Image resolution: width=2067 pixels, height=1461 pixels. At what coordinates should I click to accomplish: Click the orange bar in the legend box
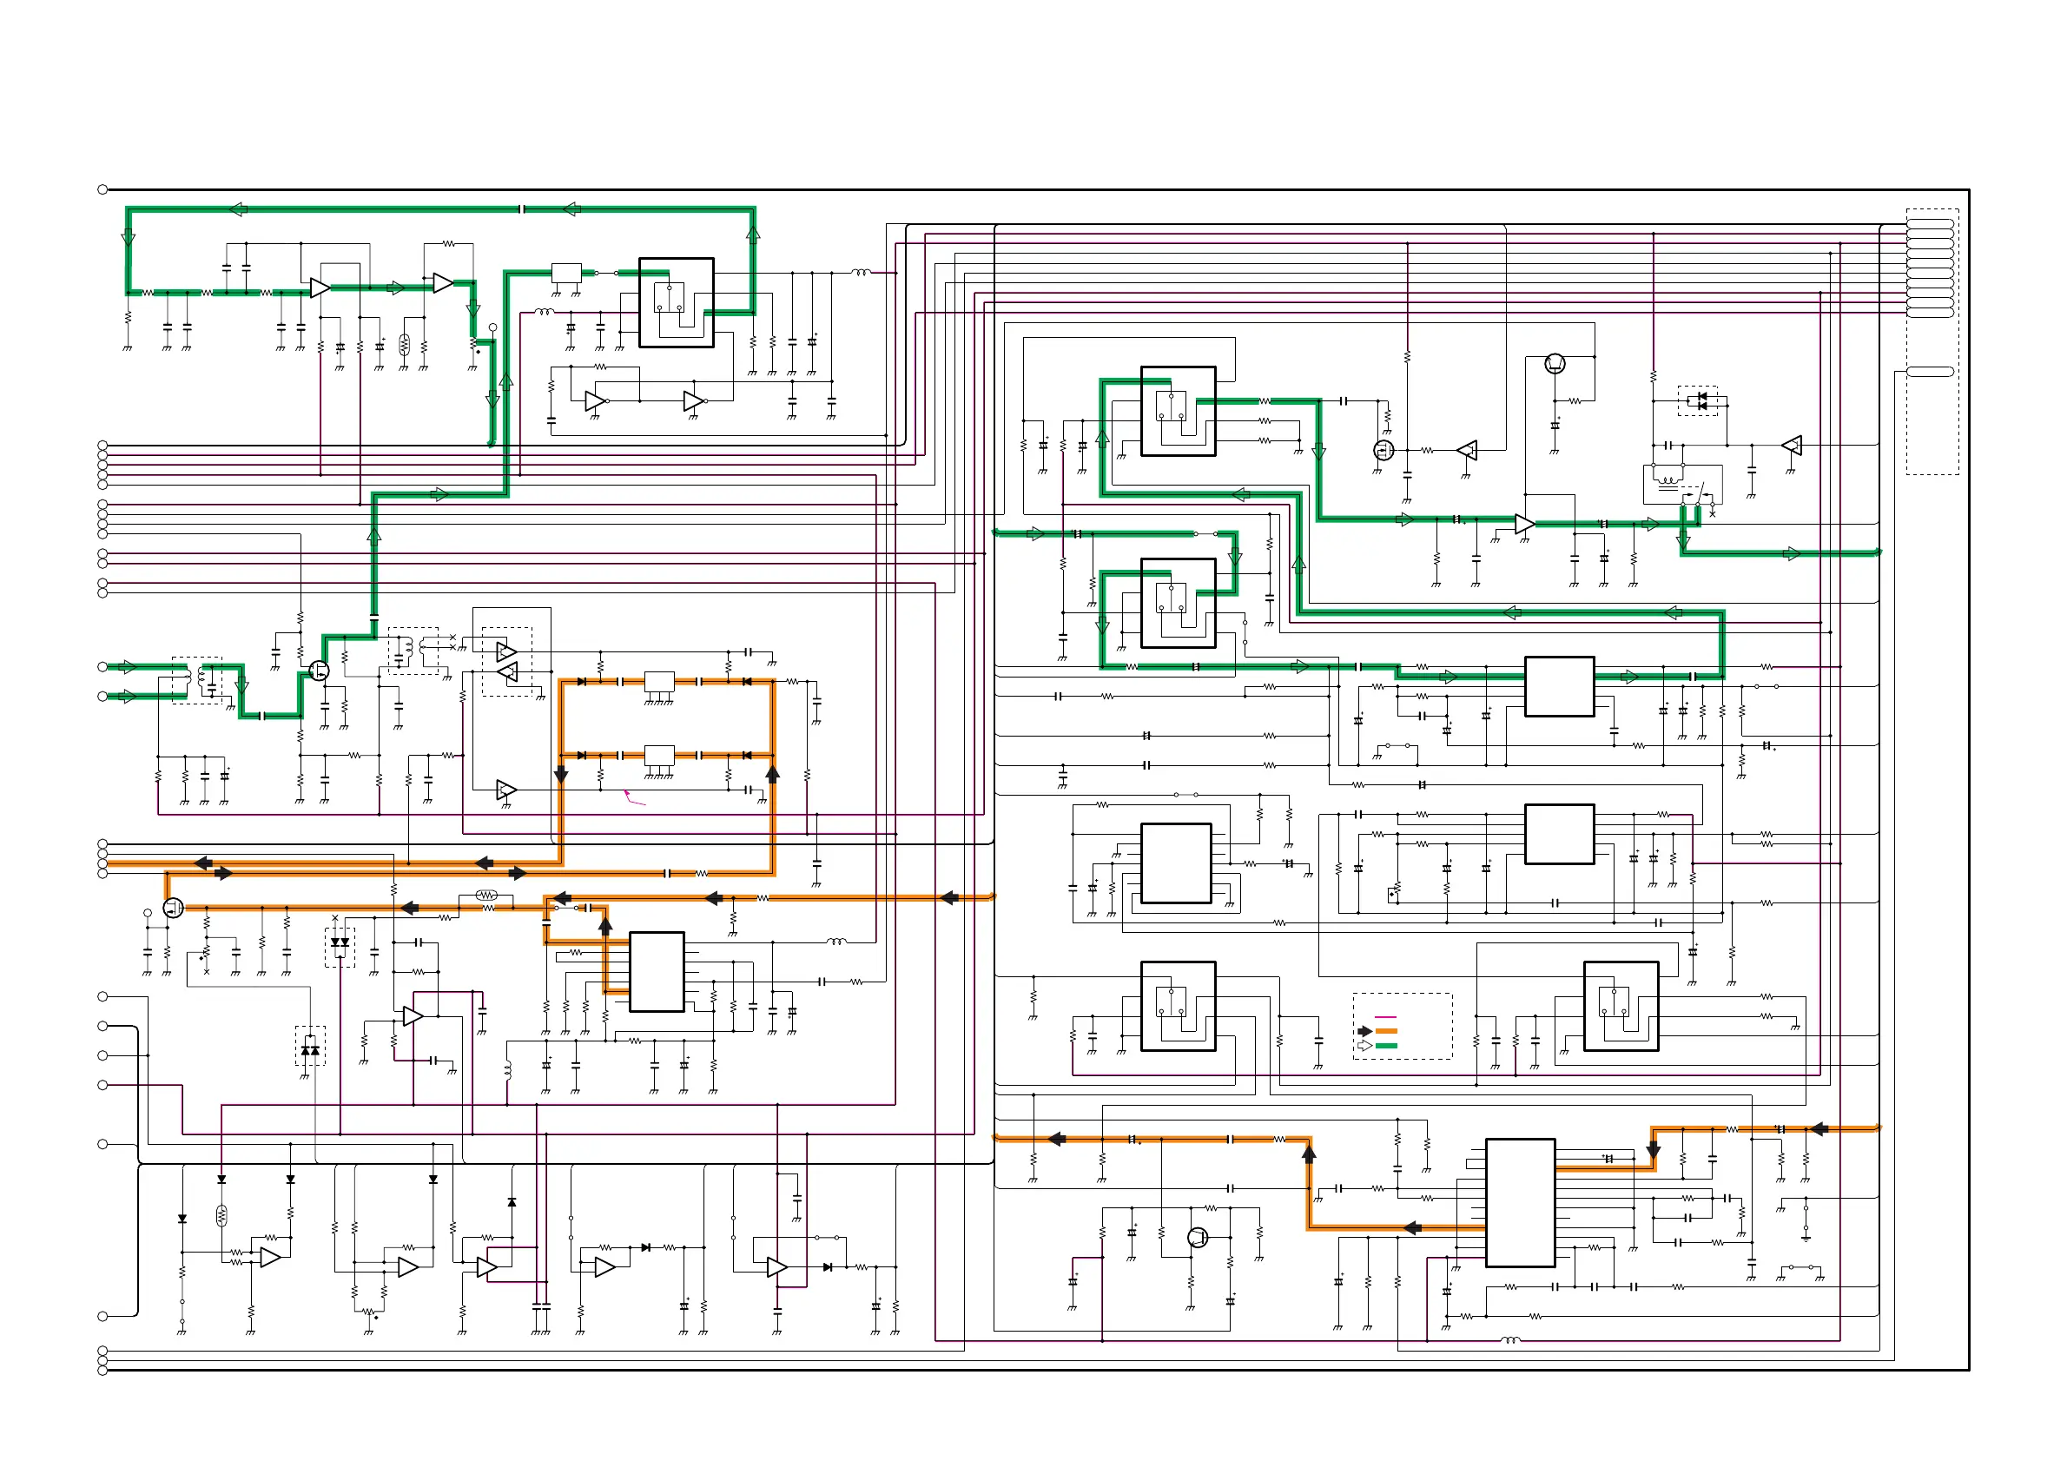[1386, 1031]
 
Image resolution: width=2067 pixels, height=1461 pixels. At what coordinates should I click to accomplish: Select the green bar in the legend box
[1386, 1045]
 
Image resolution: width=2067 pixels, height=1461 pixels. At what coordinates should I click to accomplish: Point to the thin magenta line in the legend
[1385, 1016]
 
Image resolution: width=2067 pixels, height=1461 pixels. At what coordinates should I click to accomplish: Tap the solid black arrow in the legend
[1364, 1031]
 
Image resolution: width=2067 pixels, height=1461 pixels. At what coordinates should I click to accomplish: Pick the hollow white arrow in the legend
[1364, 1045]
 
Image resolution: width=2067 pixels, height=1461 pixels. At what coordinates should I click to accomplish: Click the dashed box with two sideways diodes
[1698, 400]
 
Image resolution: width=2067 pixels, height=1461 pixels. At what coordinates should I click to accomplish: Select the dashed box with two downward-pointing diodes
[340, 947]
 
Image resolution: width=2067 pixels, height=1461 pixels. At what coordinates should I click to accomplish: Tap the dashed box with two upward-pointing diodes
[311, 1045]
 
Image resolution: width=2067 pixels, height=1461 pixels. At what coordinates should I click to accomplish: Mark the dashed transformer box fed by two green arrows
[197, 679]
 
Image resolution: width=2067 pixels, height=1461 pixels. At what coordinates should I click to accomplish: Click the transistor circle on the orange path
[174, 908]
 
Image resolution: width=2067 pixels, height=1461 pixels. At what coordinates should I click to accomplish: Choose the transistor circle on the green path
[319, 670]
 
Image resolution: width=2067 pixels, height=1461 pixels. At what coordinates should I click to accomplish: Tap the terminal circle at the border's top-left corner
[102, 189]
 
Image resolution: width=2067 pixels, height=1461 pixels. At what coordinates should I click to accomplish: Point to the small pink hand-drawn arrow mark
[634, 797]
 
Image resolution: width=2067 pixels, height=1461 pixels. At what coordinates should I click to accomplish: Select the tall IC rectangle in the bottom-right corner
[1520, 1203]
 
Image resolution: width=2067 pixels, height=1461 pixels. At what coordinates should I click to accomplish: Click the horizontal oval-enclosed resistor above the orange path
[486, 895]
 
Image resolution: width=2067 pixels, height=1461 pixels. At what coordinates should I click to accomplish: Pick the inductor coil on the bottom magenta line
[1510, 1340]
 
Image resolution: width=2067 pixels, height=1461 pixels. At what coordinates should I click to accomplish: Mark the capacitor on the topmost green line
[522, 208]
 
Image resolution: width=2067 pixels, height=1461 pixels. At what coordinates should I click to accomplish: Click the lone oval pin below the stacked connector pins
[1930, 371]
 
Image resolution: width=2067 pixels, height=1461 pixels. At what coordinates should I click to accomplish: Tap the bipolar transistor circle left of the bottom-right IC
[1198, 1237]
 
